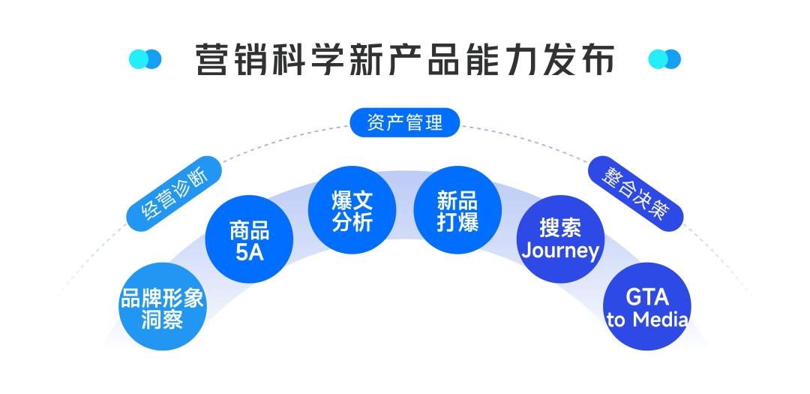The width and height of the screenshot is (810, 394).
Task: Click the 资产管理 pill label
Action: pos(405,123)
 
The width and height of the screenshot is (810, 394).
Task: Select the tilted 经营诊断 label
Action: pos(175,193)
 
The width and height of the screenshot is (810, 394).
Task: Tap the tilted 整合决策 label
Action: pos(635,193)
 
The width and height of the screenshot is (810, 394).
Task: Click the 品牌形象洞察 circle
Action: pos(162,308)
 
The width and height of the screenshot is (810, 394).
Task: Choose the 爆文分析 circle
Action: pos(352,210)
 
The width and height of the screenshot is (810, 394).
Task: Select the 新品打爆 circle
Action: pos(457,210)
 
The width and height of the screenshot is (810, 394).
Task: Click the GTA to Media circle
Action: pos(646,308)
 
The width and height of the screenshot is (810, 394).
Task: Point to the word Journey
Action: pos(560,251)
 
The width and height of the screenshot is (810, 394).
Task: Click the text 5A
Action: pos(250,252)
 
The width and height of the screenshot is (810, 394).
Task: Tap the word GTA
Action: pos(646,297)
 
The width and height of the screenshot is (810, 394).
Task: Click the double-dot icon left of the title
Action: pos(145,59)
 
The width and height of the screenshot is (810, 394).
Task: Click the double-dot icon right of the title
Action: pos(664,59)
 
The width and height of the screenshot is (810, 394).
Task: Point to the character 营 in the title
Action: pos(211,59)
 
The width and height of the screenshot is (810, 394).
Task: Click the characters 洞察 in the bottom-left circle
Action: pos(162,320)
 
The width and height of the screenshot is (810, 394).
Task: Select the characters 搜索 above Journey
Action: pos(560,228)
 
